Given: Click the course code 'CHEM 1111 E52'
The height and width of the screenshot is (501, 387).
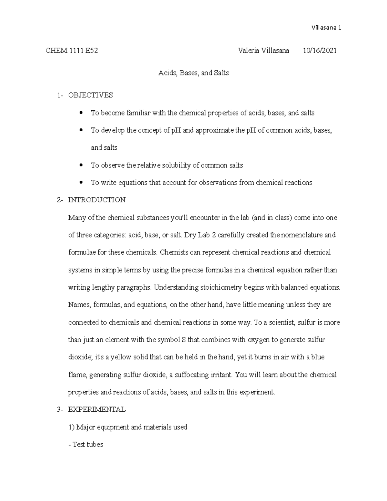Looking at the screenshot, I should click(x=72, y=51).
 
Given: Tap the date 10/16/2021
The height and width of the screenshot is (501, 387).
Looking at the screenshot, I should click(x=320, y=51).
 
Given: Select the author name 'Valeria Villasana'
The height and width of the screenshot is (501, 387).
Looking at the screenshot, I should click(x=263, y=51).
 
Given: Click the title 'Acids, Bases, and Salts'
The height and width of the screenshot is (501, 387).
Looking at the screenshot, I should click(x=193, y=73).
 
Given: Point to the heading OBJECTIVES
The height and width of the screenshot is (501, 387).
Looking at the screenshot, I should click(x=90, y=95).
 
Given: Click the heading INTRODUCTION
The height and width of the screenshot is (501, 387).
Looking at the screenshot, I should click(x=97, y=200).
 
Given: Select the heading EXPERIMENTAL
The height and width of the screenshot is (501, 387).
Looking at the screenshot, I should click(x=97, y=410).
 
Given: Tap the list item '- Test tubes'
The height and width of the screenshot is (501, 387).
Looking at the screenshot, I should click(x=86, y=445).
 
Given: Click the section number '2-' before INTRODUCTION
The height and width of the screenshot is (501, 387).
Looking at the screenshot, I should click(x=60, y=200).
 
